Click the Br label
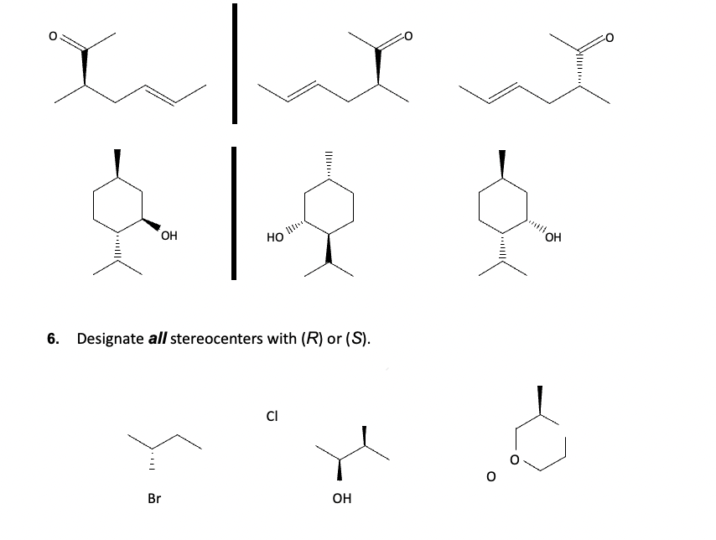[x=154, y=498]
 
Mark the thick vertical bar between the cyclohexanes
[x=236, y=210]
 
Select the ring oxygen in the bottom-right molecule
[x=516, y=460]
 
